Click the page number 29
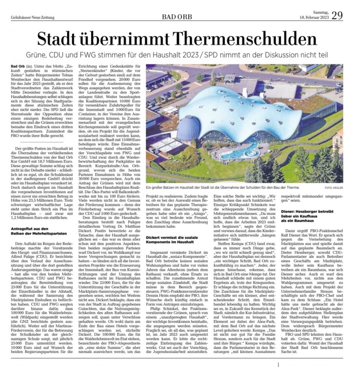point(337,15)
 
